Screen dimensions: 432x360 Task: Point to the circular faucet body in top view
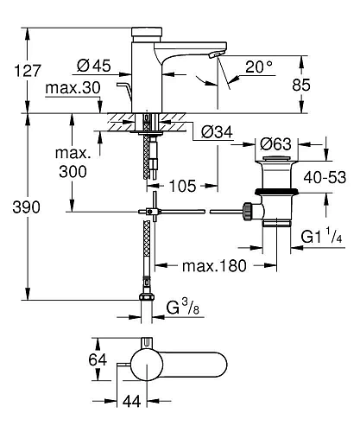(x=146, y=365)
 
